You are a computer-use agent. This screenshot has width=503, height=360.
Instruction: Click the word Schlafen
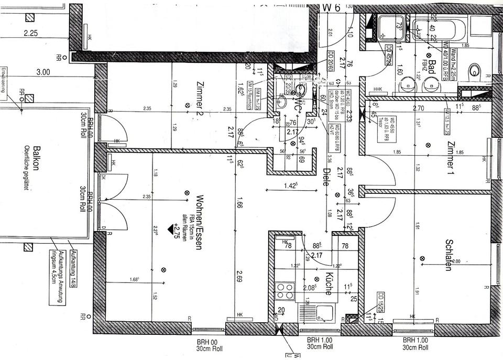pos(449,255)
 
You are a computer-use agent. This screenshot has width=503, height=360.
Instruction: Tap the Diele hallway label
pos(325,177)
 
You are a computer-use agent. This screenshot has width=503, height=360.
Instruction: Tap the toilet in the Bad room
pos(475,71)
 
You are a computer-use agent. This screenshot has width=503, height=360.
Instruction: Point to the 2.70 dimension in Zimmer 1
pos(418,109)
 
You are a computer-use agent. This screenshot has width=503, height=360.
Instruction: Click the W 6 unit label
pos(331,7)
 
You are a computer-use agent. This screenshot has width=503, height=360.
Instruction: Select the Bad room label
pos(432,62)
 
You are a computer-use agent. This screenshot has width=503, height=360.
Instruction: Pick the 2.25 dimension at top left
pos(31,34)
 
